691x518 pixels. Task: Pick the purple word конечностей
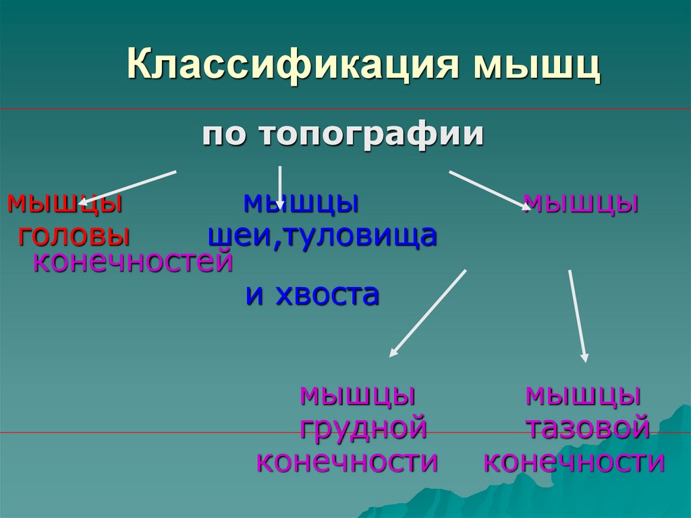click(x=133, y=261)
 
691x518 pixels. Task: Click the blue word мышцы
click(x=300, y=201)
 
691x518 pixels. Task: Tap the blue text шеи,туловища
click(x=323, y=235)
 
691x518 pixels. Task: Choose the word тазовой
click(x=587, y=428)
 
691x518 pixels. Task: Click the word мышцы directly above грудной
click(x=357, y=394)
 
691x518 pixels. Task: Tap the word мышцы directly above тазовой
click(x=583, y=394)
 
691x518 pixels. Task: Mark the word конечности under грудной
click(x=348, y=462)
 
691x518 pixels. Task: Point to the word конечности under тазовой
click(x=574, y=462)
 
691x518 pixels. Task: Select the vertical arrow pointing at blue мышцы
click(x=280, y=187)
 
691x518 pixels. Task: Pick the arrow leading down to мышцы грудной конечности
click(x=428, y=313)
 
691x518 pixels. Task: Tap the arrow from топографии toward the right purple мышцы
click(x=489, y=190)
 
